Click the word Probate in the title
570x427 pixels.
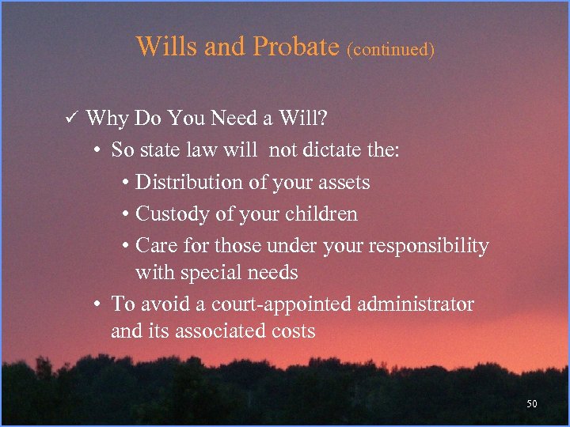coord(295,47)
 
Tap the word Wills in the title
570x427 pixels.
coord(167,46)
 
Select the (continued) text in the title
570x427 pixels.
coord(390,49)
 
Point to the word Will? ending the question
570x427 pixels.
coord(306,119)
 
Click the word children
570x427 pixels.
coord(320,214)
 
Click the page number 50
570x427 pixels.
coord(531,404)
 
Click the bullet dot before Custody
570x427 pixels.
coord(127,215)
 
